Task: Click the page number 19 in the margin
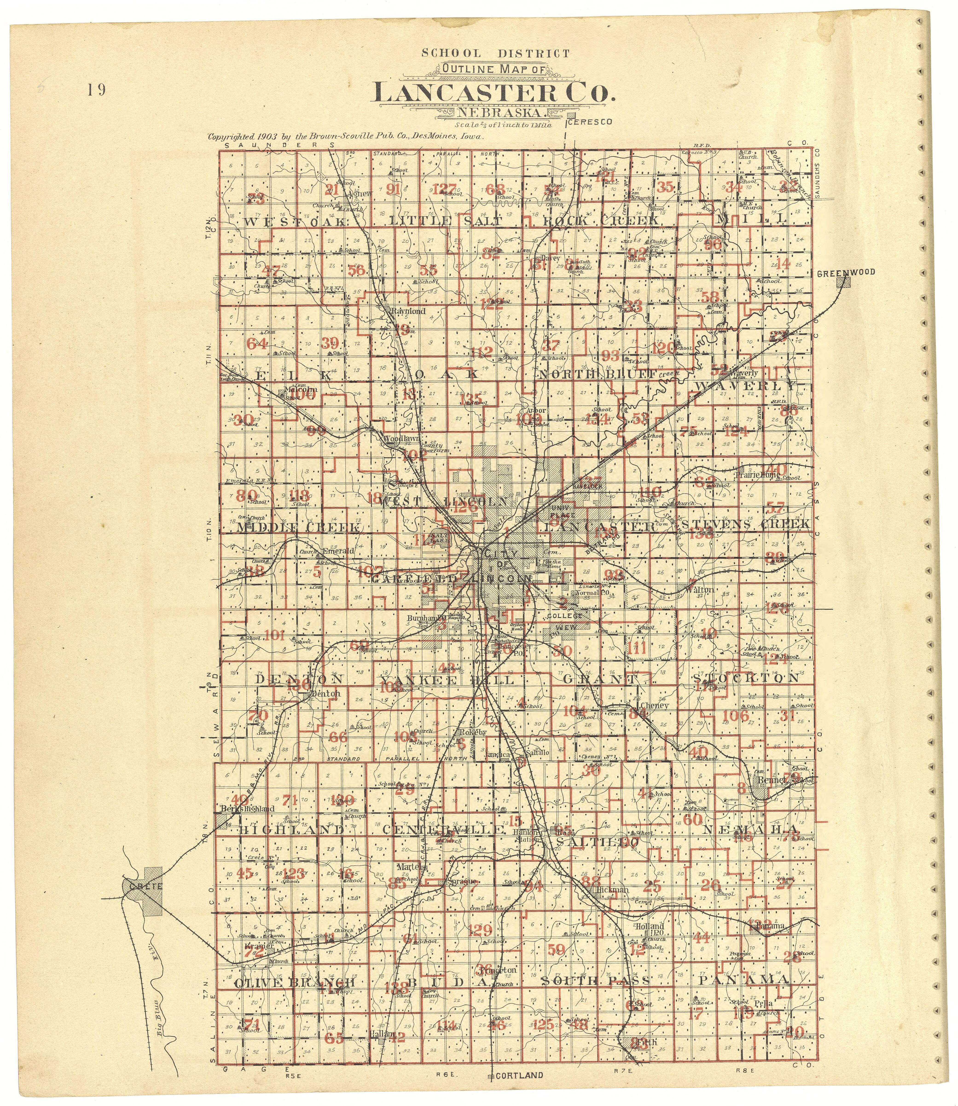97,90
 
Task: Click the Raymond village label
408,311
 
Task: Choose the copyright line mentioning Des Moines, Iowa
346,136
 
